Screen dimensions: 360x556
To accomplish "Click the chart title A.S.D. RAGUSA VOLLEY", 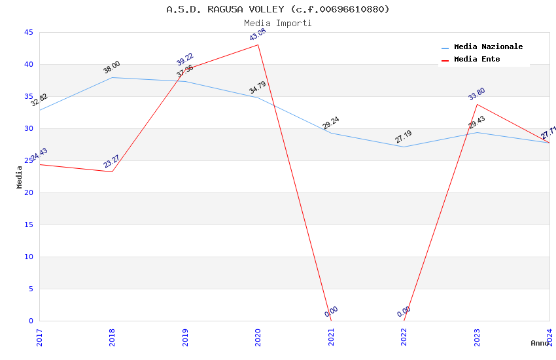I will (x=278, y=9).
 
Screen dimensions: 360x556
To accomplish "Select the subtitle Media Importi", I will (x=278, y=23).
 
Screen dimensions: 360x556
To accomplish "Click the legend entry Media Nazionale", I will (x=488, y=47).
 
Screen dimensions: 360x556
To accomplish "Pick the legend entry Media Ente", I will (x=477, y=60).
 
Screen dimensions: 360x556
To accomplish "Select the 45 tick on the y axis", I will (x=28, y=33).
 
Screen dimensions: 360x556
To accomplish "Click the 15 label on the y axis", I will (x=28, y=225).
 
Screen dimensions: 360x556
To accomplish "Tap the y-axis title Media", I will (x=20, y=177).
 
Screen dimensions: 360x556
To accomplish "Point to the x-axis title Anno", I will (x=540, y=343).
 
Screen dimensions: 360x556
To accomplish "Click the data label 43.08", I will (x=258, y=35).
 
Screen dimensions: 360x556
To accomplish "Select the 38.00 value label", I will (x=112, y=67).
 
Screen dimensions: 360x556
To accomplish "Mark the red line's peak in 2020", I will (x=258, y=45).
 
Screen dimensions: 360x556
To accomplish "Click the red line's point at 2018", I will (x=112, y=171).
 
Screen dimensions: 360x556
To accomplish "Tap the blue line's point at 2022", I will (x=404, y=147).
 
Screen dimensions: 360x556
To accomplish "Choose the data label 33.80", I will (x=477, y=94).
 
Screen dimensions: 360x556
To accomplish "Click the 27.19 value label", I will (x=404, y=137).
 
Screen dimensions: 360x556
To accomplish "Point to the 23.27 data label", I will (x=112, y=162).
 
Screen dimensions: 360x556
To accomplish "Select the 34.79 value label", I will (x=258, y=88).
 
